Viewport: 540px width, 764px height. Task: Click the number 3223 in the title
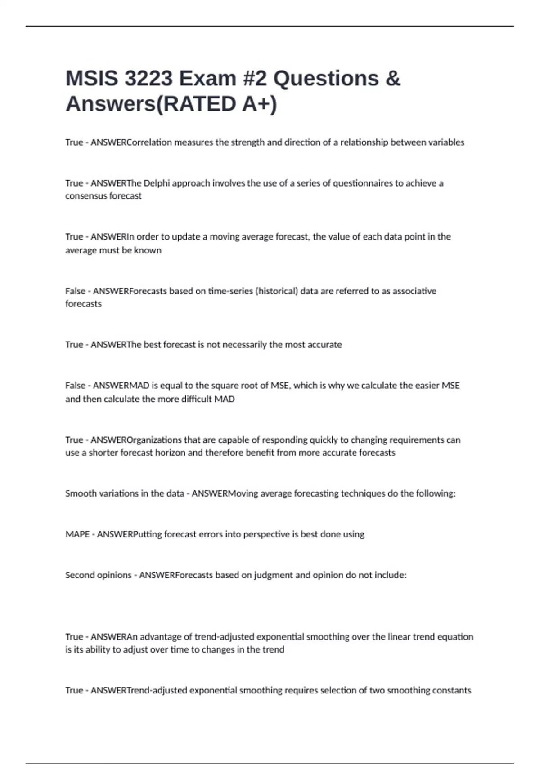coord(148,79)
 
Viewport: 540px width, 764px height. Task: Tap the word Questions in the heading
coord(326,79)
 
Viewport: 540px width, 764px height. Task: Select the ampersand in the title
coord(392,79)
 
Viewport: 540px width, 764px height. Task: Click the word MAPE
coord(77,534)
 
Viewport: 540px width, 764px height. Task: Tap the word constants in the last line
coord(451,690)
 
